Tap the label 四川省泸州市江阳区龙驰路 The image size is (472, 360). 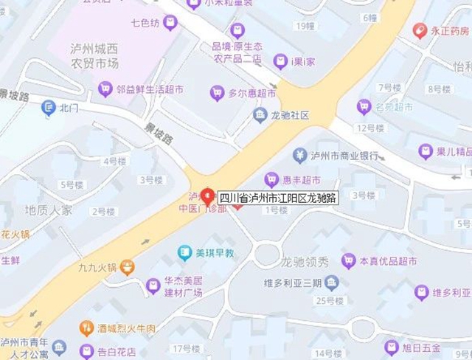279,198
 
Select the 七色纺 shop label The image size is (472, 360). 146,23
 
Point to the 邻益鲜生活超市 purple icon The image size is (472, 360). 105,89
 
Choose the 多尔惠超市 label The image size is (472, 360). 252,94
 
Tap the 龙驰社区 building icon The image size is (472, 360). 260,115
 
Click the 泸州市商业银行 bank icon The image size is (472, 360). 299,156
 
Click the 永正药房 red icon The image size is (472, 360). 420,31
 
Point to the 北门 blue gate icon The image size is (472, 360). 49,108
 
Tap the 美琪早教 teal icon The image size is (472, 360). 185,253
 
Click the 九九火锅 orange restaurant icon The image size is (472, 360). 128,266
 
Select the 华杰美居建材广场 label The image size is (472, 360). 183,287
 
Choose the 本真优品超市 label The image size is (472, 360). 389,261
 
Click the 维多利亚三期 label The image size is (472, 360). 293,283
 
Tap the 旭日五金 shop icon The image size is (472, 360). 392,347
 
